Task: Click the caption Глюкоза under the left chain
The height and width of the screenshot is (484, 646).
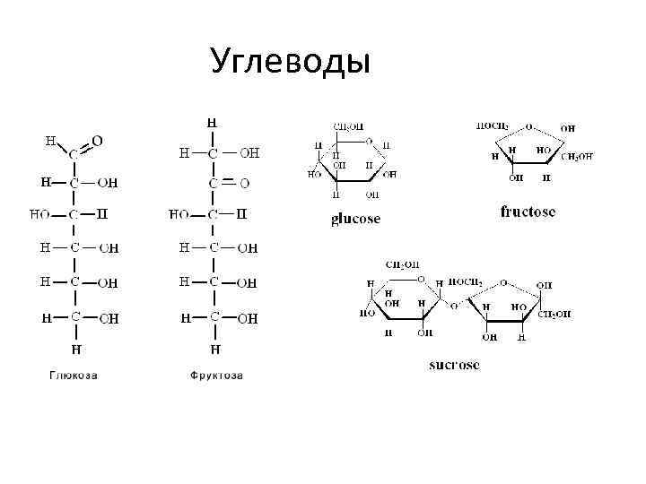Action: (x=73, y=375)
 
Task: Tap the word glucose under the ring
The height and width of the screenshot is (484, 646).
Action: (x=355, y=219)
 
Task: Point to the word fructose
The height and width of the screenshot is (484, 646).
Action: (x=527, y=212)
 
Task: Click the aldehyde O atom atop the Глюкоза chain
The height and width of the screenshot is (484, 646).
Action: (x=97, y=141)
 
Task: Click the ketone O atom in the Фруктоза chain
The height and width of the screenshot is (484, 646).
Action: (x=244, y=183)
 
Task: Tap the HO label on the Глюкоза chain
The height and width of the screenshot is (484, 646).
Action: (x=39, y=215)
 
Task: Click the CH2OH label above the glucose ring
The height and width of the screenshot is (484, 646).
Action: (x=348, y=127)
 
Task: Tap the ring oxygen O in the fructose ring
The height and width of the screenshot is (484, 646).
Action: (x=530, y=126)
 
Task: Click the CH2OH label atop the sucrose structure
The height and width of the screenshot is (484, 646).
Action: (x=402, y=264)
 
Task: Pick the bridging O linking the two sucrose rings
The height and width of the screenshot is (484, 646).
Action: (x=454, y=306)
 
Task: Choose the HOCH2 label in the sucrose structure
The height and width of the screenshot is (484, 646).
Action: (x=466, y=282)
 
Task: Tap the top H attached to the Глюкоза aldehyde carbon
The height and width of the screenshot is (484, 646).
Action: (x=50, y=141)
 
